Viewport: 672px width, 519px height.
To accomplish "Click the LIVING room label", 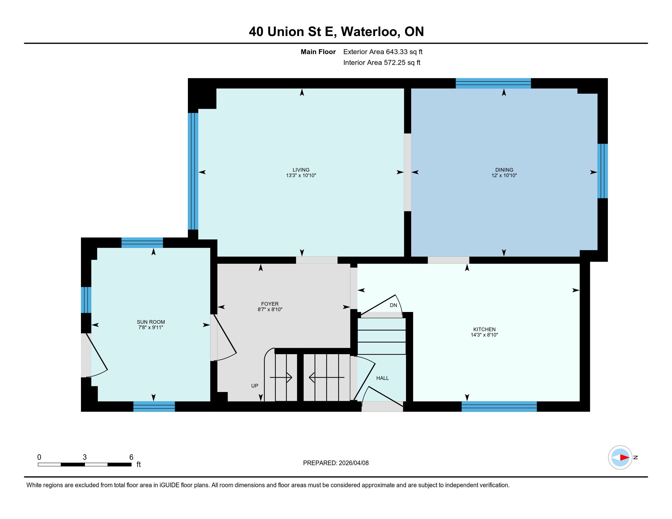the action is pos(301,170).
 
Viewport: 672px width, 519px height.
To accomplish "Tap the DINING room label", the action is pos(504,170).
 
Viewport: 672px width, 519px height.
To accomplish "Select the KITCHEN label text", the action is pos(484,329).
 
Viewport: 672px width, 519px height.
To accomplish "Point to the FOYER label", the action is pos(270,304).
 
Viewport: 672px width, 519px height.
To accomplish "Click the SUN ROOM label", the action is pos(151,322).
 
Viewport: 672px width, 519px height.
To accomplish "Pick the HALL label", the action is pos(382,378).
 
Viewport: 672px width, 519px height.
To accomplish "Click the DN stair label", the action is pos(393,305).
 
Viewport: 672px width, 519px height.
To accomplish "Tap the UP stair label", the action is pos(254,386).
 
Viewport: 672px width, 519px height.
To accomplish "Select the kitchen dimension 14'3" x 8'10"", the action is pos(484,335).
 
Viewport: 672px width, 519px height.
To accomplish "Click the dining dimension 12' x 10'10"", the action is pos(504,176).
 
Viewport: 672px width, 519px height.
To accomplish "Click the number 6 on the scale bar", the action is pos(131,457).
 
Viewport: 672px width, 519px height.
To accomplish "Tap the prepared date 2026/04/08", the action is pos(353,463).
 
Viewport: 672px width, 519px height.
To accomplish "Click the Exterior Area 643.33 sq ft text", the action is pos(383,52).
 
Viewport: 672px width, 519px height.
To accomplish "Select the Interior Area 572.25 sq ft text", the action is pos(382,63).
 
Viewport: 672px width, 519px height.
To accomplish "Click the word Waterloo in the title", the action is pos(371,32).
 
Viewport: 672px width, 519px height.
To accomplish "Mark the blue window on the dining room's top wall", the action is pos(493,83).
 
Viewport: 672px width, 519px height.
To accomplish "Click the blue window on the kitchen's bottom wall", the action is pos(499,406).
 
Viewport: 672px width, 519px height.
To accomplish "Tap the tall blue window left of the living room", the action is pos(193,171).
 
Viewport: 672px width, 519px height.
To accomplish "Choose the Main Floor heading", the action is pos(318,52).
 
